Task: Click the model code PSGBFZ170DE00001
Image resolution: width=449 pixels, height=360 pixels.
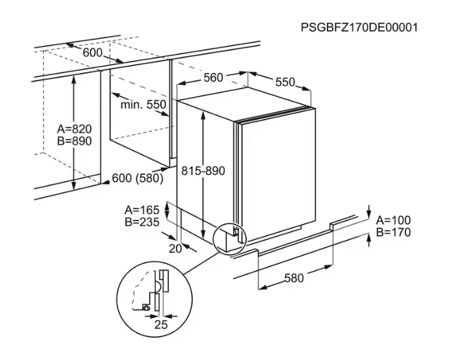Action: pyautogui.click(x=359, y=28)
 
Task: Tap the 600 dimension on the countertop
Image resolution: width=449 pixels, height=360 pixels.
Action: pyautogui.click(x=92, y=52)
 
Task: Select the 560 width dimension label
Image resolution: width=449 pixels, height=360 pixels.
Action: pyautogui.click(x=213, y=78)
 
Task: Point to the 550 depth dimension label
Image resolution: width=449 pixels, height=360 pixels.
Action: pyautogui.click(x=285, y=82)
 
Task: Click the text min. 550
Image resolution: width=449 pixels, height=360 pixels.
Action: pyautogui.click(x=143, y=104)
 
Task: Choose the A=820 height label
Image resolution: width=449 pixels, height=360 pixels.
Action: pyautogui.click(x=75, y=129)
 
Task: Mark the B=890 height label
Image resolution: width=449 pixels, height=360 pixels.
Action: pyautogui.click(x=75, y=141)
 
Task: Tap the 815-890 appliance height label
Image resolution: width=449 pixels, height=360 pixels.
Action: pyautogui.click(x=204, y=171)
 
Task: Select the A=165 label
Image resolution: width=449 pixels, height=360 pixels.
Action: pyautogui.click(x=141, y=209)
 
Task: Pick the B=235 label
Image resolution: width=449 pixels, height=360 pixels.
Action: pyautogui.click(x=141, y=222)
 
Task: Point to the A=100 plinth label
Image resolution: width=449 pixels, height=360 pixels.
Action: pyautogui.click(x=394, y=220)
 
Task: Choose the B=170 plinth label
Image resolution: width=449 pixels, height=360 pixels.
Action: pyautogui.click(x=394, y=232)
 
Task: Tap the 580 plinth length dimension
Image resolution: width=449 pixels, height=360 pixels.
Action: pyautogui.click(x=293, y=278)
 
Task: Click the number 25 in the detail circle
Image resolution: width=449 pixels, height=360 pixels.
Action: pyautogui.click(x=161, y=324)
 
